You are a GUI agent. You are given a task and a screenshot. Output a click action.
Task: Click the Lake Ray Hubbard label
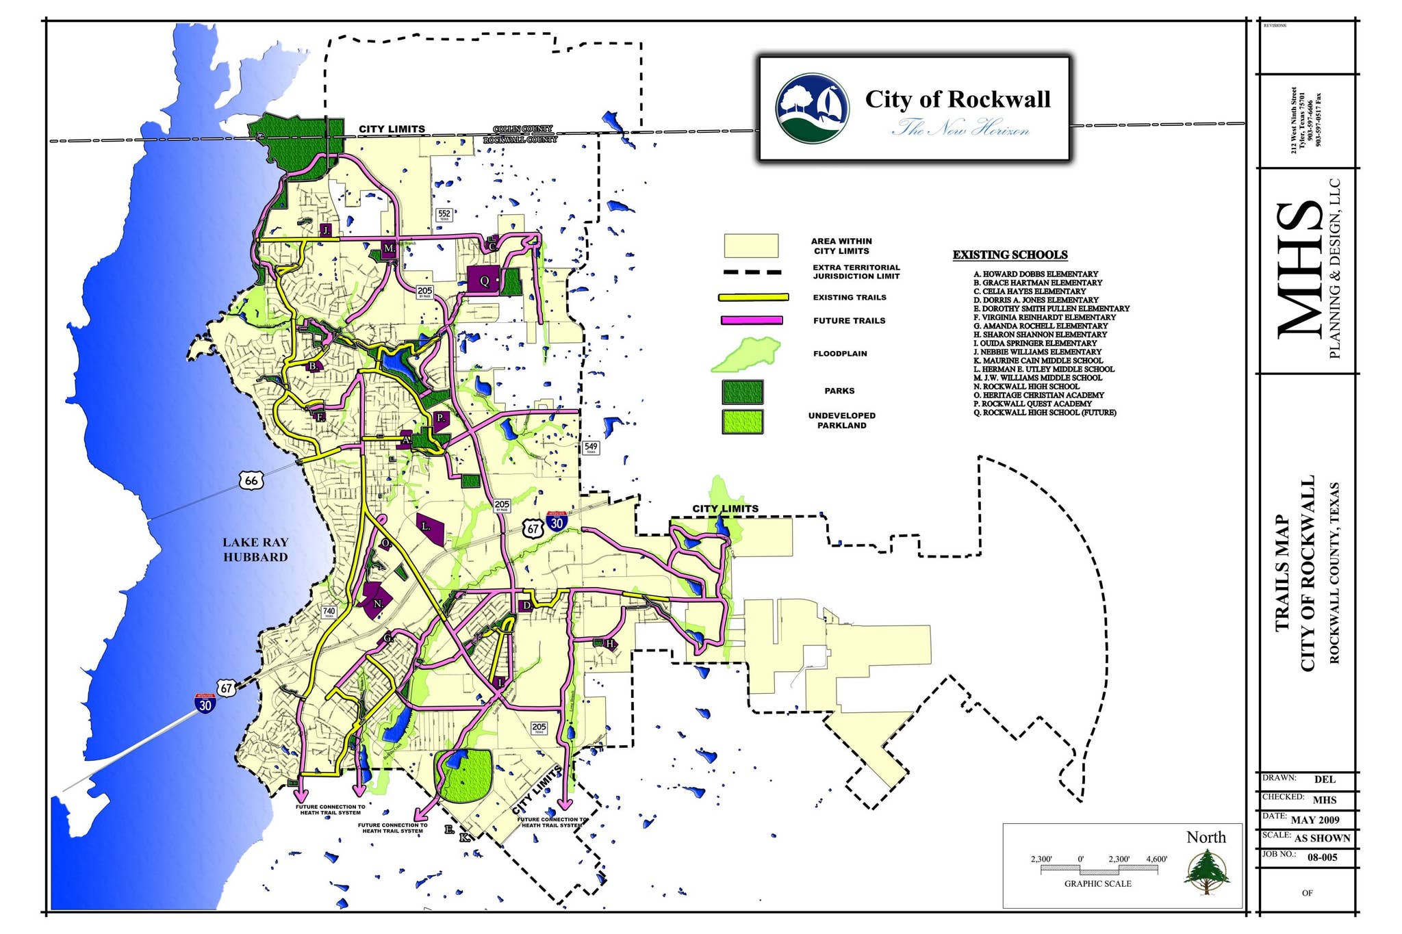(255, 549)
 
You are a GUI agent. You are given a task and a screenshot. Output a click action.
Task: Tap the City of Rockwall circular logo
(812, 109)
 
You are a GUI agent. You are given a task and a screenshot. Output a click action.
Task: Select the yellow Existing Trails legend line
(753, 298)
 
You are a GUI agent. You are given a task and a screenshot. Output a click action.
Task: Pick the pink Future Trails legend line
(752, 320)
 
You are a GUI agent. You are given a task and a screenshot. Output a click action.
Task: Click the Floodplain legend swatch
(747, 354)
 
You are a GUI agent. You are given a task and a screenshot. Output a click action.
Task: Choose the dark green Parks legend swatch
(743, 391)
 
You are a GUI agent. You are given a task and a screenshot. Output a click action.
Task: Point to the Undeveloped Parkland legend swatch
(743, 421)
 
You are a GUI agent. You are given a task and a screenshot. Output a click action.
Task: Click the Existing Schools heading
(1010, 255)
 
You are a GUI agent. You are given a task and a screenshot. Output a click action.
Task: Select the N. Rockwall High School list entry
(1026, 387)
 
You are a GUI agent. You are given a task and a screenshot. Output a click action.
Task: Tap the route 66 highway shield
(251, 480)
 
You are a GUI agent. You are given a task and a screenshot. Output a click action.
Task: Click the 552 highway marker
(444, 215)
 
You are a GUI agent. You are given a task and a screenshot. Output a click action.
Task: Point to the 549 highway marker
(590, 448)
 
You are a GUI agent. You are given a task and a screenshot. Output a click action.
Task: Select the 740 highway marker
(329, 612)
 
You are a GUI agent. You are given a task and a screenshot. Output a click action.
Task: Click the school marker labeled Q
(485, 281)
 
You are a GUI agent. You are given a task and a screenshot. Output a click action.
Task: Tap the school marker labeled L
(429, 528)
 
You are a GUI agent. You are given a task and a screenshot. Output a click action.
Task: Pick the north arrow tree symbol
(1207, 871)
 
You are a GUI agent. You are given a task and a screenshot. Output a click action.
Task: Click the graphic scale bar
(1099, 870)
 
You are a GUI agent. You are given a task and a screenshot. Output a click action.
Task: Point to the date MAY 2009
(1315, 820)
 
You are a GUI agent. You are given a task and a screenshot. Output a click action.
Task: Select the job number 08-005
(1322, 857)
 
